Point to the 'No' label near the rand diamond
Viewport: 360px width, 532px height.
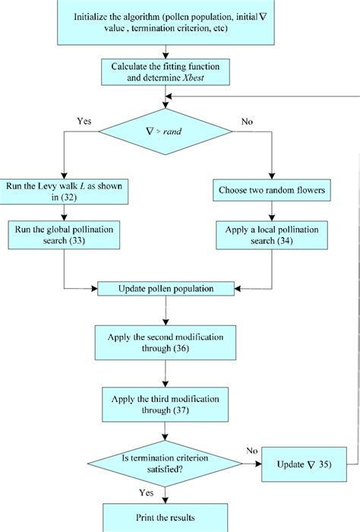248,120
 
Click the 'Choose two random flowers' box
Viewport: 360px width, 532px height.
273,189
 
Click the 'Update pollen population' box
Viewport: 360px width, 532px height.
165,289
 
